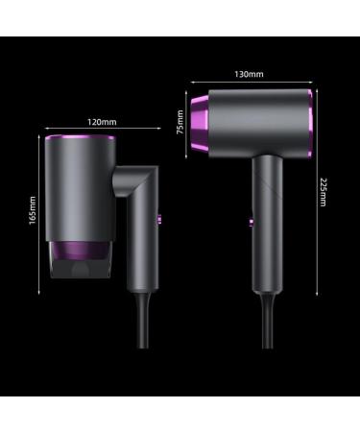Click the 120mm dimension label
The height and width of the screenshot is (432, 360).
[x=102, y=122]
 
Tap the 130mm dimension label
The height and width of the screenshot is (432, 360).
[x=249, y=74]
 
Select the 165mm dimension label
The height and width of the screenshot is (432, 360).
[x=33, y=210]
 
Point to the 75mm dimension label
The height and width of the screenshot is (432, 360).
[x=180, y=122]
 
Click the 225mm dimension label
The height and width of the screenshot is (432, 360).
[x=323, y=192]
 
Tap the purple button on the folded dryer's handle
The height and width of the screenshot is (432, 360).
[x=159, y=220]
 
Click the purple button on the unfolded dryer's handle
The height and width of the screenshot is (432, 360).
[x=252, y=222]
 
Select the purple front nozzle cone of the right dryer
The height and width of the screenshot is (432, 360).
[x=200, y=123]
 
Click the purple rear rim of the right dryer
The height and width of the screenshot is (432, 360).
[x=310, y=124]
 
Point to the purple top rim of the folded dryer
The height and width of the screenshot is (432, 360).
[x=80, y=137]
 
